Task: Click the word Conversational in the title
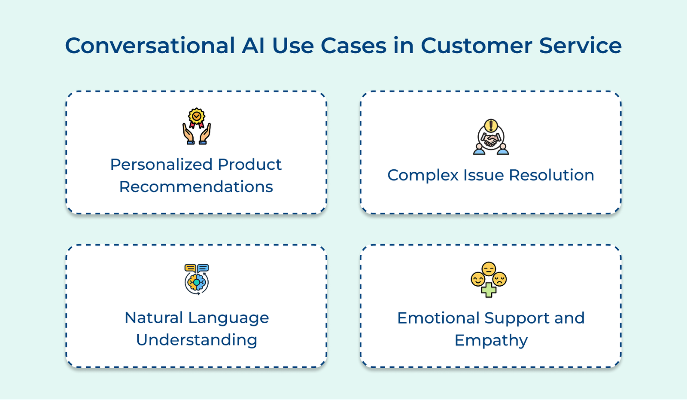[x=150, y=46]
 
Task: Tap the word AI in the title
[x=253, y=46]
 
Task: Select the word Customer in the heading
[x=476, y=46]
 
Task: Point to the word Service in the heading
[x=580, y=46]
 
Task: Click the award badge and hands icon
[x=197, y=126]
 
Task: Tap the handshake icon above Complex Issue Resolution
[x=491, y=137]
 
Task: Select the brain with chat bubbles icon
[x=197, y=279]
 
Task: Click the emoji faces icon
[x=489, y=279]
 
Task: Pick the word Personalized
[x=161, y=165]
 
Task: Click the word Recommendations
[x=196, y=186]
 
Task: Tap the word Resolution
[x=551, y=175]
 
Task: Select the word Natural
[x=154, y=318]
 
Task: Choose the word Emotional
[x=438, y=318]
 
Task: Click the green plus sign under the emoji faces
[x=489, y=290]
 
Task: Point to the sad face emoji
[x=500, y=279]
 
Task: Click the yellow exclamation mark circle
[x=491, y=125]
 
